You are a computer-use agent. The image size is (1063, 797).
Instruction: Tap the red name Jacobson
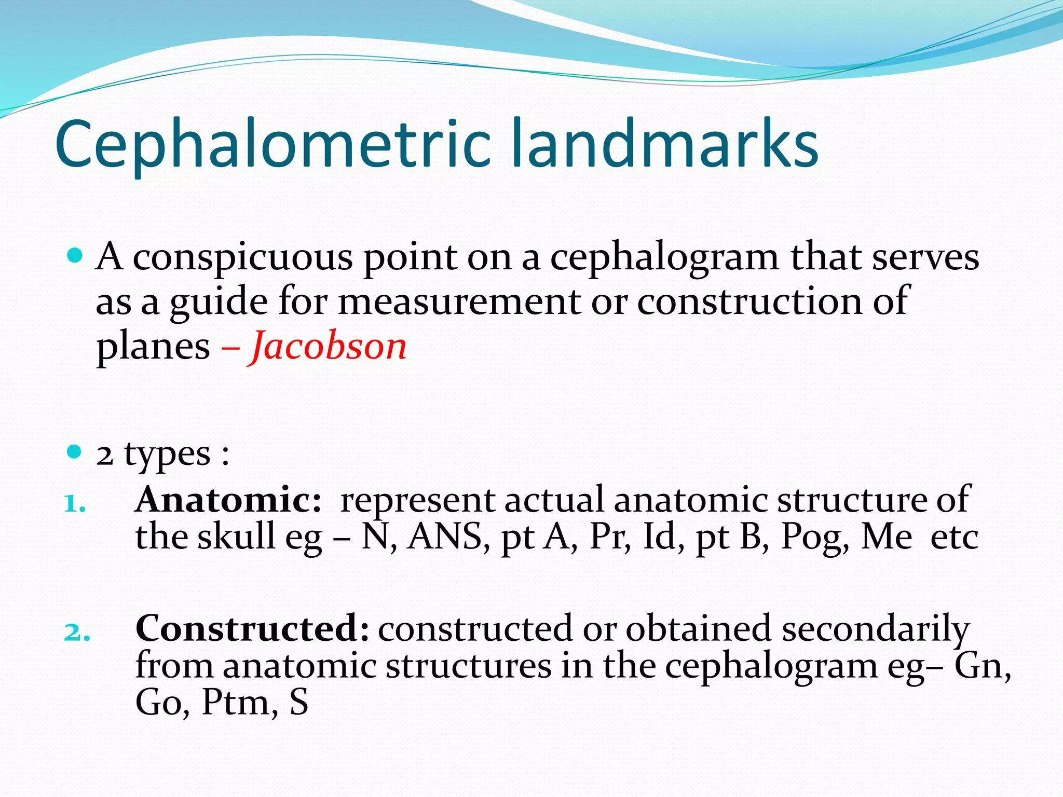pyautogui.click(x=329, y=347)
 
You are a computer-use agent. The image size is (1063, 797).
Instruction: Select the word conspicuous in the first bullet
pyautogui.click(x=242, y=257)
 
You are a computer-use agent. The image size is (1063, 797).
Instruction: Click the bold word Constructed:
pyautogui.click(x=252, y=628)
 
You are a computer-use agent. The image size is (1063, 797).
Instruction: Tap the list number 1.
pyautogui.click(x=74, y=504)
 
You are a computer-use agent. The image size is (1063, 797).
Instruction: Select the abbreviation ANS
pyautogui.click(x=448, y=537)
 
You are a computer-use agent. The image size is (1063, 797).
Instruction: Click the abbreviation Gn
pyautogui.click(x=983, y=666)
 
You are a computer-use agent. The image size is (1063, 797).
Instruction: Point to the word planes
pyautogui.click(x=153, y=347)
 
